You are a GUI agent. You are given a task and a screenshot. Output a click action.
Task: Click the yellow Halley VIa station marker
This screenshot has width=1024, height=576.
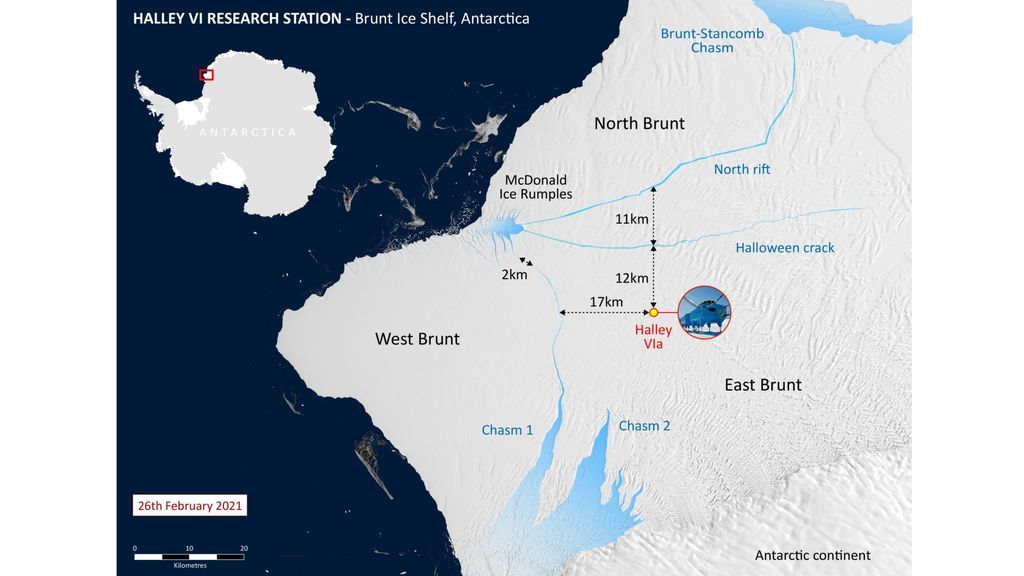(x=653, y=313)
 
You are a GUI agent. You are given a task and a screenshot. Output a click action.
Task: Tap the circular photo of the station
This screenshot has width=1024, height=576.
(x=704, y=312)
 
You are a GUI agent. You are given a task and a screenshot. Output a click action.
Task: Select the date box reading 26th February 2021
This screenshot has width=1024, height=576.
(x=189, y=505)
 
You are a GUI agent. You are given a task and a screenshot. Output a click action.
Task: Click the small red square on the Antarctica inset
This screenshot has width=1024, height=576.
(x=206, y=74)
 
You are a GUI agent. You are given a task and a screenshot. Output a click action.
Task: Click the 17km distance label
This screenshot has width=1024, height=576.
(x=606, y=302)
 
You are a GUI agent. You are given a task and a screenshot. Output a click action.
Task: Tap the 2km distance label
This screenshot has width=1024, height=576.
(x=514, y=275)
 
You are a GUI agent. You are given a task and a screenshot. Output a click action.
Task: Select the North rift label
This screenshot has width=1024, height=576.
(x=742, y=169)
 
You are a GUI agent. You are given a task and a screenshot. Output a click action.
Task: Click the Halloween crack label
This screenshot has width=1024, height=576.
(x=785, y=248)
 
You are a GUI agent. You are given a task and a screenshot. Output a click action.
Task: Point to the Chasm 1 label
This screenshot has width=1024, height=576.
(x=507, y=430)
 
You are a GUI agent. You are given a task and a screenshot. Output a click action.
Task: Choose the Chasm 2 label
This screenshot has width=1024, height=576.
(x=644, y=426)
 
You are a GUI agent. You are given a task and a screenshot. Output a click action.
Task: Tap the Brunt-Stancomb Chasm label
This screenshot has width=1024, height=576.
(x=711, y=41)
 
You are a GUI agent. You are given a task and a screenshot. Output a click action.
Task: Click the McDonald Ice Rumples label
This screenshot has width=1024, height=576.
(x=536, y=187)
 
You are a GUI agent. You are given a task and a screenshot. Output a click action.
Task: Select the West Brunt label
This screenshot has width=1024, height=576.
(x=417, y=339)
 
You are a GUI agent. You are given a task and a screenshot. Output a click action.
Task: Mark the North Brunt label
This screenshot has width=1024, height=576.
(x=639, y=123)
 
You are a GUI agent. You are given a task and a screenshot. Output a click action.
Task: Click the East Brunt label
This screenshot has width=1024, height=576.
(x=763, y=384)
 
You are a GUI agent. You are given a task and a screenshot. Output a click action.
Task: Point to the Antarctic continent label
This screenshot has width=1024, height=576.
(x=812, y=555)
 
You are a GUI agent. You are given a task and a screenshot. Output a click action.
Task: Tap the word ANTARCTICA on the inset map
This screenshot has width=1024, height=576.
(x=247, y=132)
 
